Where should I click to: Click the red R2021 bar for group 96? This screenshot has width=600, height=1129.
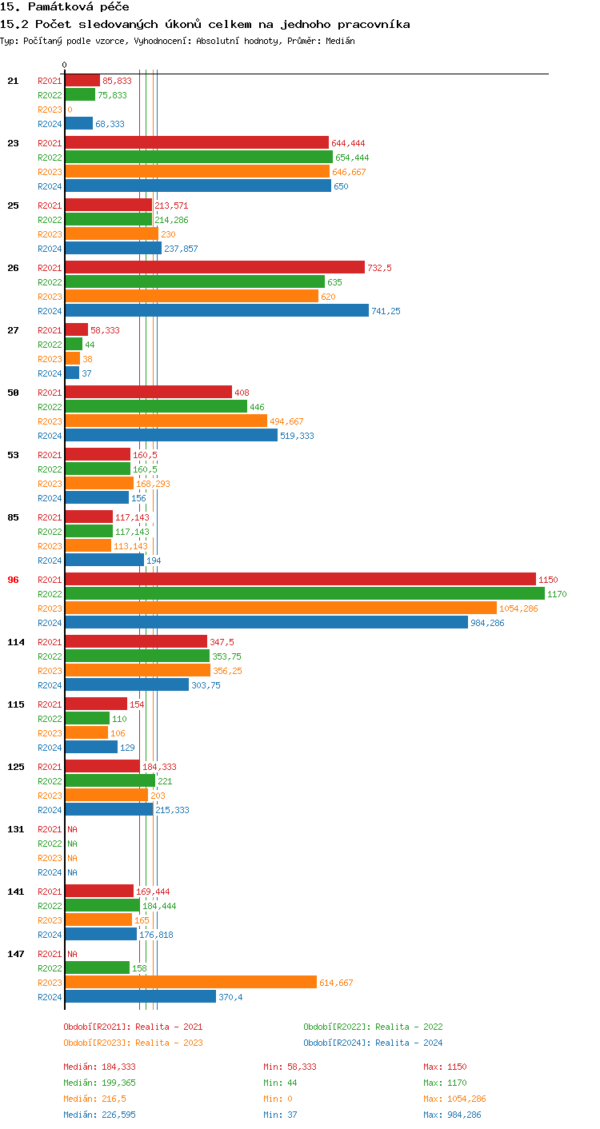pos(300,579)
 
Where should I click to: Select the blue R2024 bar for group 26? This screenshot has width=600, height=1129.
pos(217,310)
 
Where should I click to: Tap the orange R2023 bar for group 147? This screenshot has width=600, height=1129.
pos(190,982)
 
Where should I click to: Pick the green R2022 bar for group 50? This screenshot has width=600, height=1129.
pos(156,406)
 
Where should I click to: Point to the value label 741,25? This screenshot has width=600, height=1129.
pos(386,311)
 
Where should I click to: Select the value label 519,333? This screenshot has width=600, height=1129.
pos(297,436)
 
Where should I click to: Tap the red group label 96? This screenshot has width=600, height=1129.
pos(13,580)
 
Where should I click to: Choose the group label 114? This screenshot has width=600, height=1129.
pos(16,642)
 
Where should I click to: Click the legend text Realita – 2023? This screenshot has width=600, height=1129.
pos(169,1043)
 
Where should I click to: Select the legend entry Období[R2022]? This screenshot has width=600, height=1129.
pos(337,1027)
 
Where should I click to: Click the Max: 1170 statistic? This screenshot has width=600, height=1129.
pos(442,1083)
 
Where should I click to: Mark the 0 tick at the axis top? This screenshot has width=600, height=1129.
pos(65,65)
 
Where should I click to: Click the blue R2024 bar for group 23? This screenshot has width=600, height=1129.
pos(198,186)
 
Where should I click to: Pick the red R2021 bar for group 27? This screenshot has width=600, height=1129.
pos(76,329)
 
